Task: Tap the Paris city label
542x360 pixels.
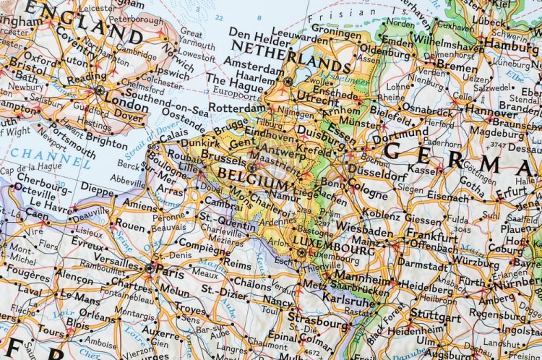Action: [170, 274]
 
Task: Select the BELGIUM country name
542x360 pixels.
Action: [252, 175]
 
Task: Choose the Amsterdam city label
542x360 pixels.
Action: [256, 65]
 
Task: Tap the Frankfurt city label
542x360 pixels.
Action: [431, 236]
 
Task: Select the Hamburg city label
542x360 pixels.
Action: [512, 43]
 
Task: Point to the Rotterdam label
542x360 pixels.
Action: [236, 108]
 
